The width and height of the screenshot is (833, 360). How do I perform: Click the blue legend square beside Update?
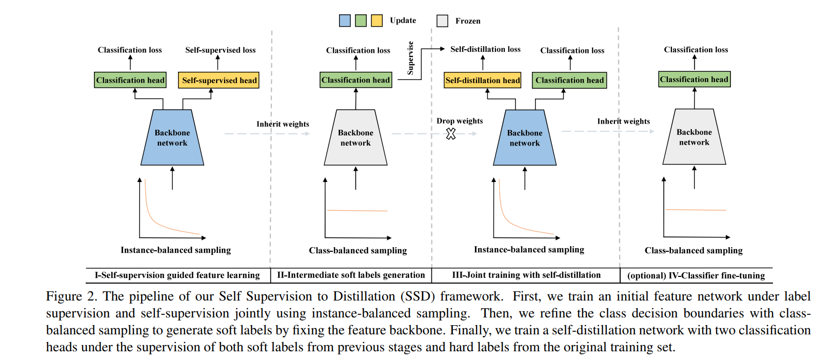pyautogui.click(x=345, y=21)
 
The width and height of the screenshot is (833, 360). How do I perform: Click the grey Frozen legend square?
pyautogui.click(x=442, y=21)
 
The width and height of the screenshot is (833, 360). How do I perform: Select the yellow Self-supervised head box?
pyautogui.click(x=219, y=81)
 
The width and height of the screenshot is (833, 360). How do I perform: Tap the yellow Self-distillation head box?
pyautogui.click(x=482, y=81)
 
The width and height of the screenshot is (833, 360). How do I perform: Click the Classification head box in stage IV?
pyautogui.click(x=694, y=79)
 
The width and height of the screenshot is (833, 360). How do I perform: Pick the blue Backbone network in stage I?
pyautogui.click(x=172, y=138)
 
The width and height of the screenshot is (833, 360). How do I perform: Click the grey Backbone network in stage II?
pyautogui.click(x=355, y=138)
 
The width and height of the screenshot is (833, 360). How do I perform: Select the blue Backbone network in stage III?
pyautogui.click(x=525, y=138)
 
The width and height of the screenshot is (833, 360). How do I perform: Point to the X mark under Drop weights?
pyautogui.click(x=451, y=134)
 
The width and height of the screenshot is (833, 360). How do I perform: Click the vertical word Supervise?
pyautogui.click(x=410, y=58)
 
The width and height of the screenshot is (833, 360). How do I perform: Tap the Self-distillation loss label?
pyautogui.click(x=485, y=49)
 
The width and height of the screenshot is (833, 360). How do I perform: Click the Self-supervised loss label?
pyautogui.click(x=220, y=50)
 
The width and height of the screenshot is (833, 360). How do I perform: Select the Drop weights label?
pyautogui.click(x=460, y=121)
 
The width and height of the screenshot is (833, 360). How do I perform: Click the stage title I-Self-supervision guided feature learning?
pyautogui.click(x=177, y=275)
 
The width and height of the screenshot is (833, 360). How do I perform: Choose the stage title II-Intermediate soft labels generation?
pyautogui.click(x=351, y=275)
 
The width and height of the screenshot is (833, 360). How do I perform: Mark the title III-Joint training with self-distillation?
pyautogui.click(x=526, y=275)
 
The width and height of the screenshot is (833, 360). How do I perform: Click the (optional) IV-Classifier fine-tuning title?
pyautogui.click(x=696, y=276)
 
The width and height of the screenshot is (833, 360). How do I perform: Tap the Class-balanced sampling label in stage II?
pyautogui.click(x=358, y=250)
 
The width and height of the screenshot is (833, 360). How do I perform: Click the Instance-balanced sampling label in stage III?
pyautogui.click(x=529, y=250)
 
